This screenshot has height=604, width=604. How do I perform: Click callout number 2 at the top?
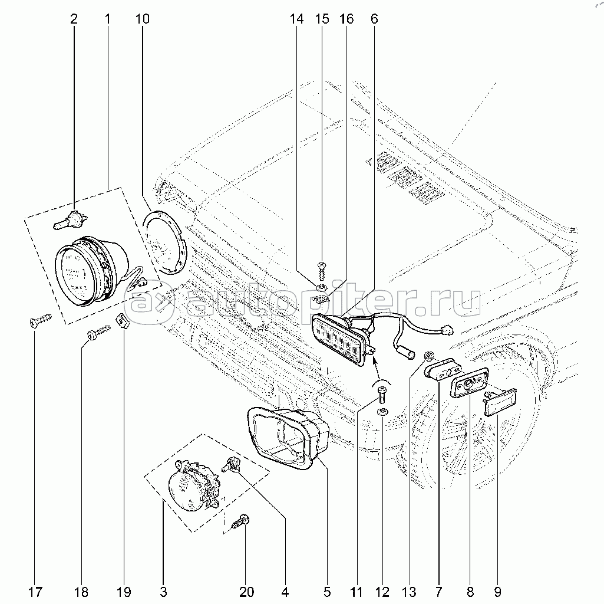click(x=74, y=18)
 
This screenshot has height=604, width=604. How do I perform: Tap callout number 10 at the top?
click(x=143, y=18)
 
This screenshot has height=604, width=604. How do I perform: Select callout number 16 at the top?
click(x=346, y=18)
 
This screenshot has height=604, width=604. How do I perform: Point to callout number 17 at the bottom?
click(x=35, y=591)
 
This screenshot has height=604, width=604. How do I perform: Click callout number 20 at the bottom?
click(x=246, y=591)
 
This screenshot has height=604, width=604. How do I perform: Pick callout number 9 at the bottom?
click(x=497, y=591)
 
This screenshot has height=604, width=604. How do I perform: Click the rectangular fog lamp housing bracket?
click(x=288, y=438)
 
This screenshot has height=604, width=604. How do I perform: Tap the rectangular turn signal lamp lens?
click(x=338, y=339)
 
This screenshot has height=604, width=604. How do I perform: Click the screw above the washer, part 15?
click(x=322, y=271)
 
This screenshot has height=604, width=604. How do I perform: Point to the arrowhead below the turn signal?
click(x=374, y=360)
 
